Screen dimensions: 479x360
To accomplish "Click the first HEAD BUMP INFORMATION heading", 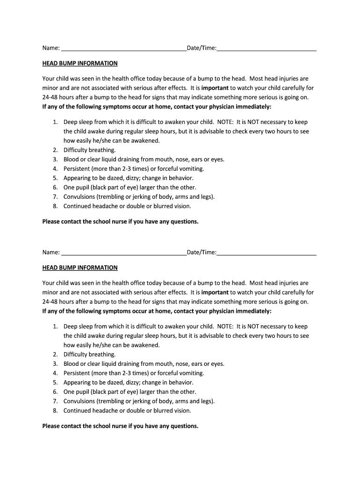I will point(80,63).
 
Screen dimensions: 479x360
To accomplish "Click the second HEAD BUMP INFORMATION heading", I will point(80,268).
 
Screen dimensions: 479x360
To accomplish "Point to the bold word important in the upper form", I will point(215,88).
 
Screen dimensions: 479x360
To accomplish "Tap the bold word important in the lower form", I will point(215,292).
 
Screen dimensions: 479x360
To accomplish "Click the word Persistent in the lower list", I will point(78,373).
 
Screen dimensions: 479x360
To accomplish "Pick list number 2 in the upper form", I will point(55,150).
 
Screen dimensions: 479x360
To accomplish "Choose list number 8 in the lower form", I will point(55,411).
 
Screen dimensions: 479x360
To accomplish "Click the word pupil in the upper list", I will point(82,188).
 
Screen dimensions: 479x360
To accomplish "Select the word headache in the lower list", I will point(102,411).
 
